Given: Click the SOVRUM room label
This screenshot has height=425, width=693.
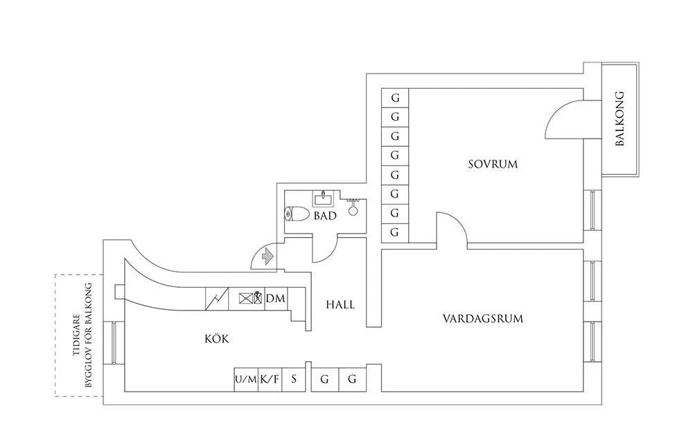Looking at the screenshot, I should tap(493, 164).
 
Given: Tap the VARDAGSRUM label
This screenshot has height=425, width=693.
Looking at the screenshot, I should tap(482, 319).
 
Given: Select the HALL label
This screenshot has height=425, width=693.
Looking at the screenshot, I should tap(340, 304).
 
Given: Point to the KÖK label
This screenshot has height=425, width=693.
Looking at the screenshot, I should tap(216, 339).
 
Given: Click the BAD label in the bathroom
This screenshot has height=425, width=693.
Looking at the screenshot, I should tap(324, 216).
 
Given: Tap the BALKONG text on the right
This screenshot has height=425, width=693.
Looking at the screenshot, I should tap(620, 119).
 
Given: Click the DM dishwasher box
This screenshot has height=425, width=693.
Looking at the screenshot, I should tap(275, 298).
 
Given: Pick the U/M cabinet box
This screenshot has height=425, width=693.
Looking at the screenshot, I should tap(246, 379).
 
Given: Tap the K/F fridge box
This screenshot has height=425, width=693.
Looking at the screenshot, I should tap(270, 379).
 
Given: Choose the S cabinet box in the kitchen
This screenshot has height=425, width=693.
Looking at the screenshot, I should tap(294, 379).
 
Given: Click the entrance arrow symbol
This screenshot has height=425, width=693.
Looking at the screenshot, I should tap(267, 257).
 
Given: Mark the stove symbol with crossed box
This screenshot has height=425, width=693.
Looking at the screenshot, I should tap(245, 299).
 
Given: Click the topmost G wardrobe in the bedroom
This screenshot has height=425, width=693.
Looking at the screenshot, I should tap(395, 98).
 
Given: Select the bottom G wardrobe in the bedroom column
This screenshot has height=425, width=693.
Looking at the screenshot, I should tap(395, 232).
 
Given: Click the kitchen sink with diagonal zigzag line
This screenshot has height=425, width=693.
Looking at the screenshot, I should tap(218, 299).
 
